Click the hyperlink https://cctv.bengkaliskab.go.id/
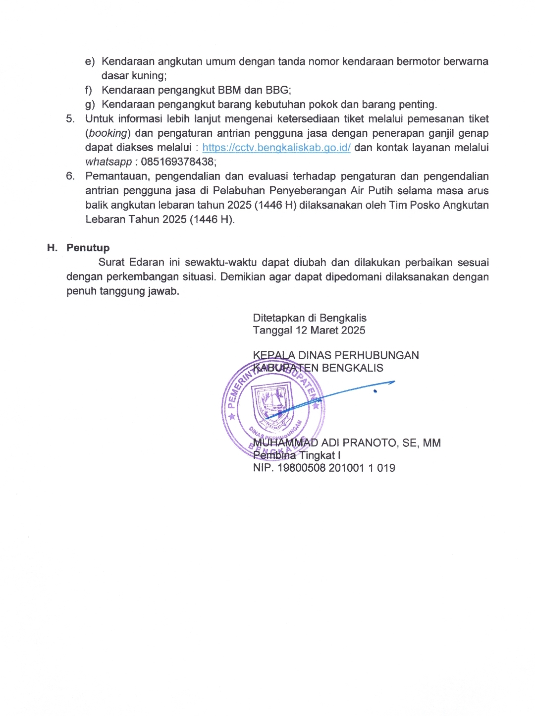[x=276, y=148]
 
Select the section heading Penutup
[x=88, y=248]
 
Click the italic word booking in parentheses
[x=107, y=133]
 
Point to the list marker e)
[x=90, y=61]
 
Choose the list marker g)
[x=90, y=105]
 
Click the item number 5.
[x=70, y=119]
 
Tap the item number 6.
[x=70, y=176]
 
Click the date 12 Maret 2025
[x=330, y=330]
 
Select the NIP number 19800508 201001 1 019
[x=336, y=468]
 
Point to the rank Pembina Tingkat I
[x=296, y=455]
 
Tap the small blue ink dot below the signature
[x=375, y=391]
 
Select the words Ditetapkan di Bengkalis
[x=310, y=318]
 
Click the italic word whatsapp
[x=108, y=162]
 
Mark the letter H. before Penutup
[x=52, y=248]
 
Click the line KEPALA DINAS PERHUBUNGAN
[x=336, y=355]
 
